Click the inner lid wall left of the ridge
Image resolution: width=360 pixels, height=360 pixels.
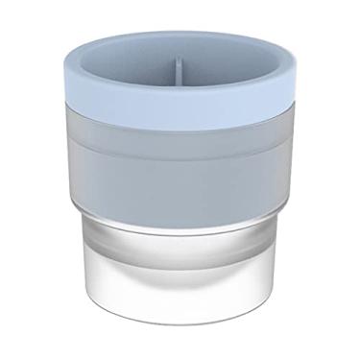coord(134,69)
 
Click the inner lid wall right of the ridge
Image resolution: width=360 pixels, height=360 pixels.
coord(226,69)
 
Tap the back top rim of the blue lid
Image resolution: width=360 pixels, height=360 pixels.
coord(180,38)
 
